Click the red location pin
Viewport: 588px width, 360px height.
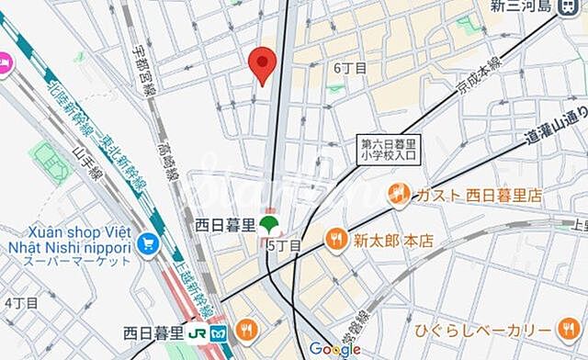[263, 63]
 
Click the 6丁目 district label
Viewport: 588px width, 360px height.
[350, 68]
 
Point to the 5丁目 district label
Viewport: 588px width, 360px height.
[284, 245]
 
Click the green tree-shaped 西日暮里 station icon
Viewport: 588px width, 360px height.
[269, 224]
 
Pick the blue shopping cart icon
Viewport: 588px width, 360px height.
[145, 243]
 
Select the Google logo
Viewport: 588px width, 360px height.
[334, 349]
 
